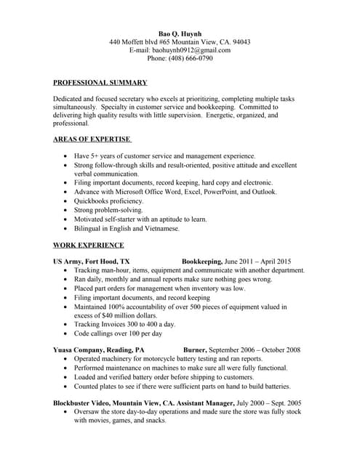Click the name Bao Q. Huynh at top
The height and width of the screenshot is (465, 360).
pyautogui.click(x=180, y=33)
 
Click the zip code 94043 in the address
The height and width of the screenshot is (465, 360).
pyautogui.click(x=240, y=41)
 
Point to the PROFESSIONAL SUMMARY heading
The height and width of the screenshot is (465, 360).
pyautogui.click(x=100, y=83)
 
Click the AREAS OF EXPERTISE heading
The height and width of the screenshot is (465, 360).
pyautogui.click(x=92, y=138)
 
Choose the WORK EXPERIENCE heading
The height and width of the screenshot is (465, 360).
pyautogui.click(x=89, y=245)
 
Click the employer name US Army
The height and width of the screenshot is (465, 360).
pyautogui.click(x=67, y=261)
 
